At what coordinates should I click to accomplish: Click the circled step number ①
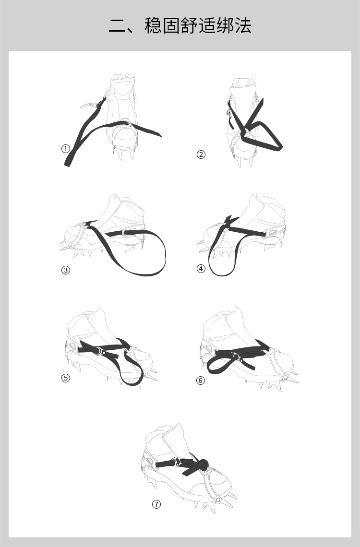tap(66, 149)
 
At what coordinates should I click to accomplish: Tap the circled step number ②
tap(201, 155)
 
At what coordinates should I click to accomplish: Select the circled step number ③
tap(66, 270)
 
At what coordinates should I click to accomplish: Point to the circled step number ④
tap(201, 269)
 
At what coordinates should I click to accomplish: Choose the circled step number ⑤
tap(66, 378)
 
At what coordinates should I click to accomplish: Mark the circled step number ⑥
tap(201, 380)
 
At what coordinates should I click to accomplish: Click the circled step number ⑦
tap(156, 504)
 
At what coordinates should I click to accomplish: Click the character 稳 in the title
tap(153, 26)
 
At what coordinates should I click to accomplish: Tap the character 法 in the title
tap(243, 26)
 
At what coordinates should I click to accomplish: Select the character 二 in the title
tap(117, 26)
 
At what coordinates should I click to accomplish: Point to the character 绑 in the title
tap(225, 26)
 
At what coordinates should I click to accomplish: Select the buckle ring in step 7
tap(177, 462)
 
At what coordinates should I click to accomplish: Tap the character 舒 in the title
tap(189, 26)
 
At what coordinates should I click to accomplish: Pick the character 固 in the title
tap(171, 26)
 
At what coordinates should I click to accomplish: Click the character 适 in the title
tap(207, 26)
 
